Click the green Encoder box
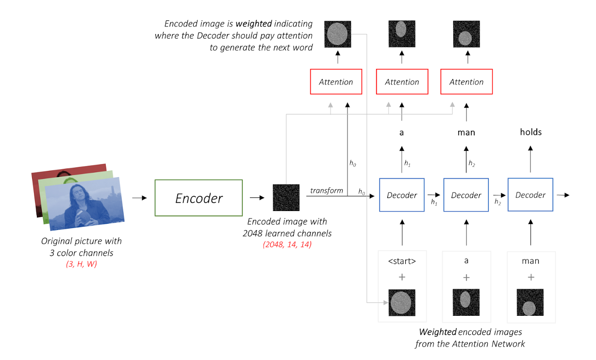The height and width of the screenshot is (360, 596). (x=199, y=198)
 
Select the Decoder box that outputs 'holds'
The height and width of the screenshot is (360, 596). (x=530, y=195)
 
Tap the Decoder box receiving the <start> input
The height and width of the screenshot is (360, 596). (x=402, y=195)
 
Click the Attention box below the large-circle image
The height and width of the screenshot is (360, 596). (x=336, y=82)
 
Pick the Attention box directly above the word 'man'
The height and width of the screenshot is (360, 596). (x=466, y=82)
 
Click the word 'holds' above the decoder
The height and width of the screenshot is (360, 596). (x=530, y=132)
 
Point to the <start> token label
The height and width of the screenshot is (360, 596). (x=402, y=261)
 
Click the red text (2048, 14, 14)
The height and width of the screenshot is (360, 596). (x=287, y=245)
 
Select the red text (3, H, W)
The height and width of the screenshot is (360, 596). (x=82, y=264)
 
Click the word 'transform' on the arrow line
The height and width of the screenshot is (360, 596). (x=327, y=191)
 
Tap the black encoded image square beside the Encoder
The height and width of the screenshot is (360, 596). (x=286, y=197)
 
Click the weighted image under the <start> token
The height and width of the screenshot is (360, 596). (x=402, y=303)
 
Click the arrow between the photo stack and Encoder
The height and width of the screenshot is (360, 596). (x=139, y=198)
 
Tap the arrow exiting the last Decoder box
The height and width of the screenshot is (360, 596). (x=563, y=195)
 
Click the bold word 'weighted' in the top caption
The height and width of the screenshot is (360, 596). (x=253, y=24)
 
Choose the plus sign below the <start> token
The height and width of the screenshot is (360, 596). (x=402, y=278)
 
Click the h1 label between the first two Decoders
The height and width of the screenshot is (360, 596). (x=434, y=203)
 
